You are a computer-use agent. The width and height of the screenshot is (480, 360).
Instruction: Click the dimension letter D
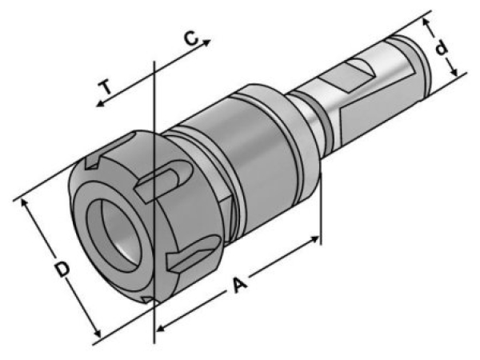point(62,270)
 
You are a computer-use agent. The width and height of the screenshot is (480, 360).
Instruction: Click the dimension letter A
point(239,285)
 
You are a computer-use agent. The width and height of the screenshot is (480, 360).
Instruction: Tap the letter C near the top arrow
point(191,38)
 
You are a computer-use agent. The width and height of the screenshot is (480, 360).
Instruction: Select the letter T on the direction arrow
point(106,87)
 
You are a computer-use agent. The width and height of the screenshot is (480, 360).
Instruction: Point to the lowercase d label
point(442,48)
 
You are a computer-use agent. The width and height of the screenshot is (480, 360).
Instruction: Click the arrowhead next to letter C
point(206,42)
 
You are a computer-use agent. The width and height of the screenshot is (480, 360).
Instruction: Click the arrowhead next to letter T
point(101,104)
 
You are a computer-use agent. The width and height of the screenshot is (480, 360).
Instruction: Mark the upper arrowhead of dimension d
point(426,22)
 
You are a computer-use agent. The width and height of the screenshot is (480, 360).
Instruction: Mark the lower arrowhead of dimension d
point(454,72)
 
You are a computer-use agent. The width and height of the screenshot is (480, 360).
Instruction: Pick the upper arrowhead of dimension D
point(24,203)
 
